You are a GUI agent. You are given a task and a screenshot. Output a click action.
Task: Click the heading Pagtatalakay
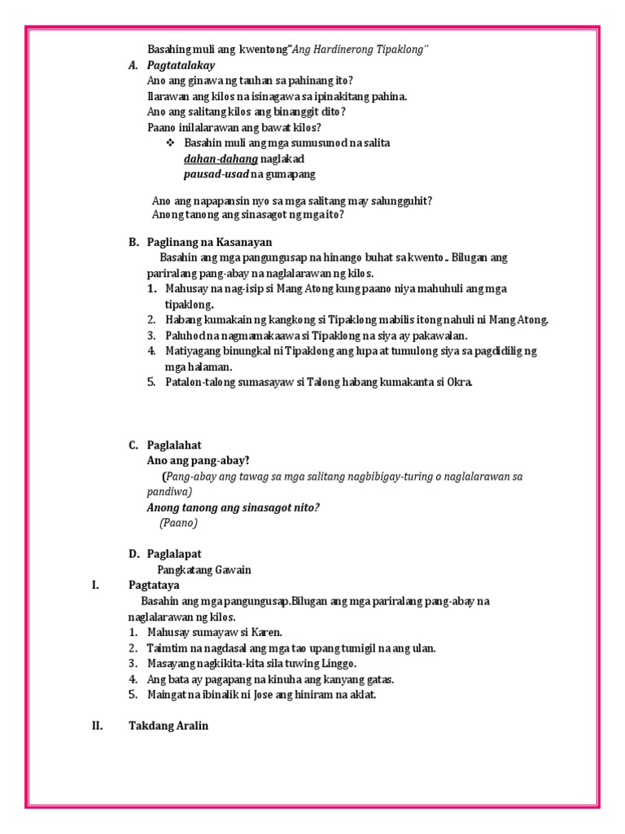click(x=181, y=65)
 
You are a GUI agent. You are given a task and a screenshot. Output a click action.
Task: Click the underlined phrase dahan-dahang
click(x=216, y=159)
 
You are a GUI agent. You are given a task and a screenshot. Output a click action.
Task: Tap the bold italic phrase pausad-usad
click(x=216, y=174)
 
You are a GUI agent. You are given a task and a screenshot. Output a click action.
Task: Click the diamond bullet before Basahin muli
click(x=171, y=143)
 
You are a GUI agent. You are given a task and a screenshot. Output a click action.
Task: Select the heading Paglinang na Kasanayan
click(x=209, y=242)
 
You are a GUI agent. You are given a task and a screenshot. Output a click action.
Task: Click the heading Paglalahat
click(x=174, y=445)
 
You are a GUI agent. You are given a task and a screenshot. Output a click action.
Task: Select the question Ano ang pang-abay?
click(x=198, y=460)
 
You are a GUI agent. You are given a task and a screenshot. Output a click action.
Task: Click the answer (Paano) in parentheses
click(x=178, y=523)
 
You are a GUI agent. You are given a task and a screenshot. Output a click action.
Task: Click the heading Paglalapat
click(x=174, y=554)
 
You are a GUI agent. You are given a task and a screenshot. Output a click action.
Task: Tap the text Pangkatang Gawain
click(x=204, y=569)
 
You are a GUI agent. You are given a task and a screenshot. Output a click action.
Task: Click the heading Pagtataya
click(x=154, y=585)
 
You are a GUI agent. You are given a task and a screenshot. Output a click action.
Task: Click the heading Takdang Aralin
click(x=168, y=726)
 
